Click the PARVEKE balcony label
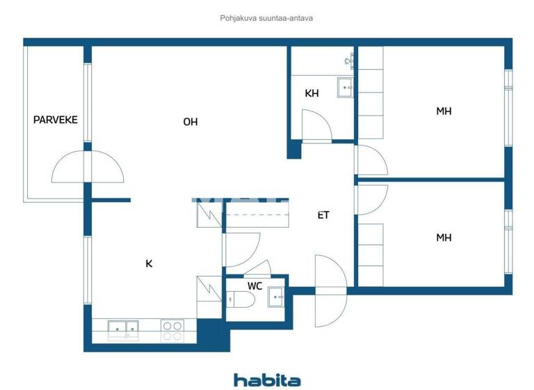[56, 120]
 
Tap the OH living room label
[191, 122]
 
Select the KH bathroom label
[311, 93]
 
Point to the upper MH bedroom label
[444, 111]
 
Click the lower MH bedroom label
[444, 237]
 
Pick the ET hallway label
[323, 215]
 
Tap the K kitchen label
[149, 263]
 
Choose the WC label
[254, 286]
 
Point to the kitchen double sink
[124, 329]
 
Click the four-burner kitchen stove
[172, 329]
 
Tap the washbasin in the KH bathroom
[345, 87]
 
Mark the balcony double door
[88, 168]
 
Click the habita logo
[267, 380]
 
